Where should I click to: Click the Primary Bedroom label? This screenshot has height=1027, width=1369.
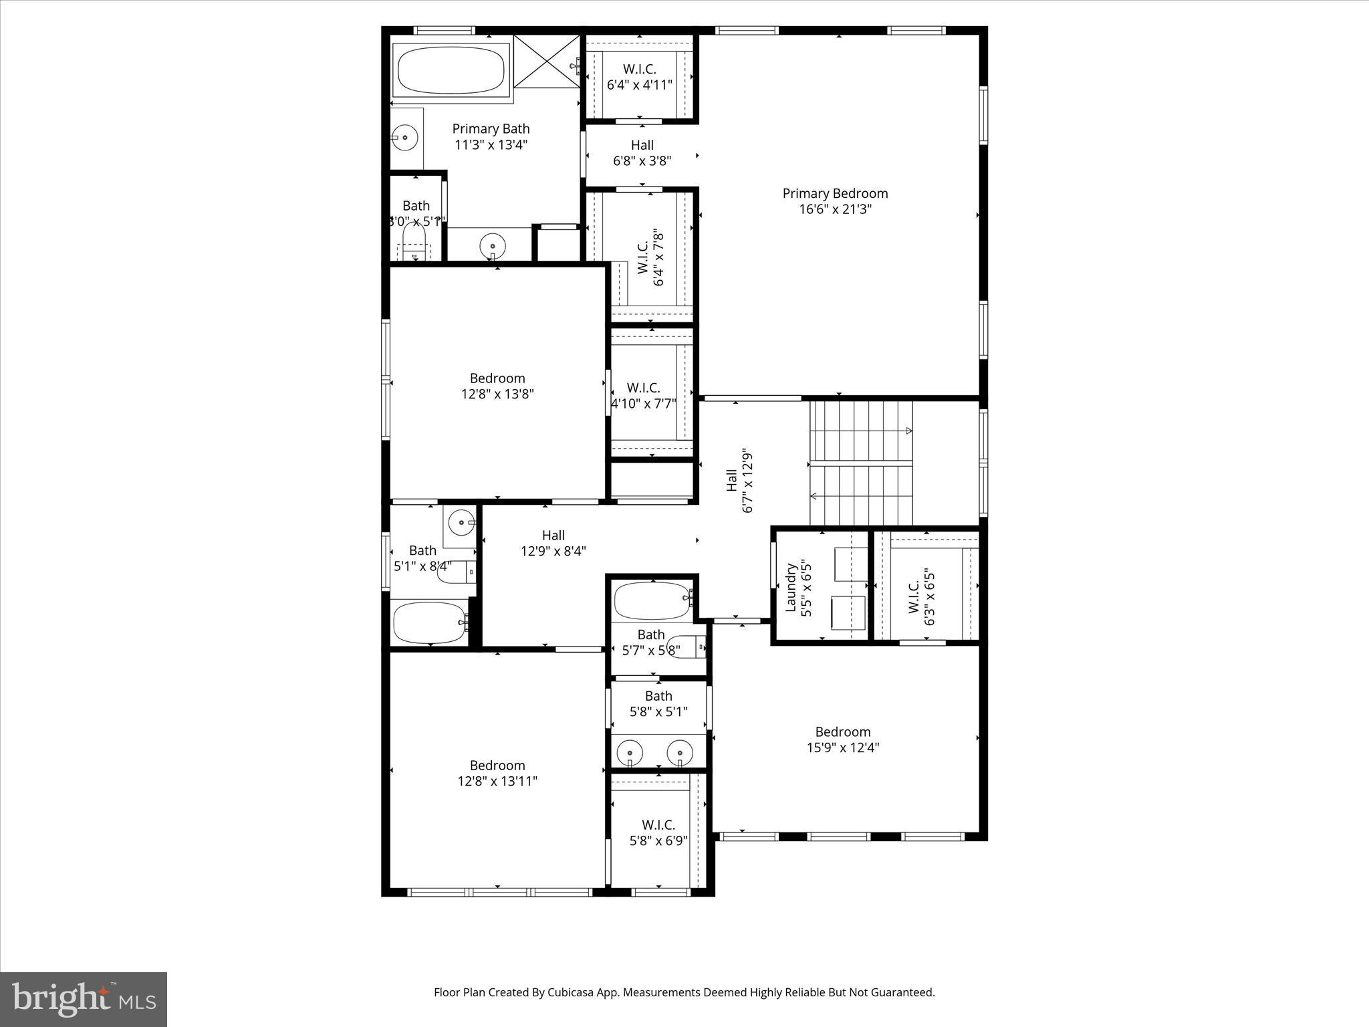[835, 194]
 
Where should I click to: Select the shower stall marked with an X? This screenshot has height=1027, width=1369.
[547, 62]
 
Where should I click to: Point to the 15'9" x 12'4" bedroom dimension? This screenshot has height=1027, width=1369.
[842, 748]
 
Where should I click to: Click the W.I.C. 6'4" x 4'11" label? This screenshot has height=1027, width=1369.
[640, 77]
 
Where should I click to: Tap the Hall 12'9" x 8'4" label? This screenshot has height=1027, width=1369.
[553, 543]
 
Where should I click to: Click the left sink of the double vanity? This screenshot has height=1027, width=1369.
[630, 753]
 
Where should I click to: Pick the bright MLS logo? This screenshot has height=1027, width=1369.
[84, 1000]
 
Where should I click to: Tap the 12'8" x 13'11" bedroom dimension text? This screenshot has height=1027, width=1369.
[497, 781]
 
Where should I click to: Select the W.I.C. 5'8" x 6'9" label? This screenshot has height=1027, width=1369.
[658, 832]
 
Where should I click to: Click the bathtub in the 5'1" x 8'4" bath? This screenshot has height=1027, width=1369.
[430, 622]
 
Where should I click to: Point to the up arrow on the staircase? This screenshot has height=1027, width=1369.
[908, 431]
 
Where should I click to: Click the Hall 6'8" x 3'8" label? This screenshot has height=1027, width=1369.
[642, 152]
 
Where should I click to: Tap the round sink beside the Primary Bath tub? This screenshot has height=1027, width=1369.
[405, 138]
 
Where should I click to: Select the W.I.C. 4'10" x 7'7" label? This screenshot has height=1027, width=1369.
[644, 395]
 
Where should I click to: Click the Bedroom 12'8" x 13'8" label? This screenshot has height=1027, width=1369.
[497, 386]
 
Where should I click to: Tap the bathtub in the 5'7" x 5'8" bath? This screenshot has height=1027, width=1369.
[651, 600]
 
